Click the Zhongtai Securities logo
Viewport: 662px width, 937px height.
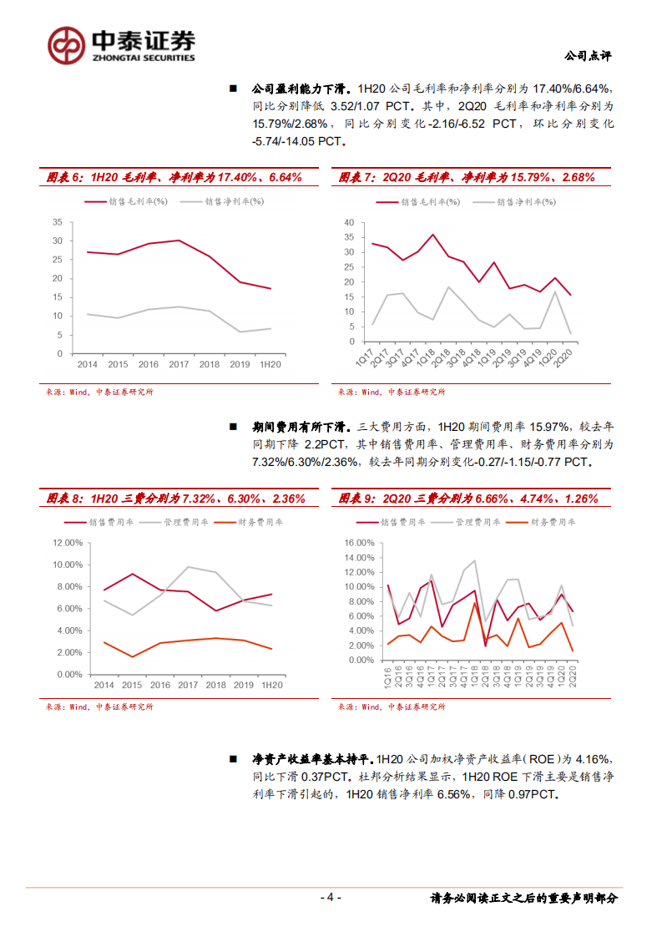click(120, 44)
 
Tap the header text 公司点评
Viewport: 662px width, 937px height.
click(588, 56)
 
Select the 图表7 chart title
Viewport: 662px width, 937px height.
click(467, 177)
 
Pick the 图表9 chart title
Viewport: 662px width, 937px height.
click(468, 499)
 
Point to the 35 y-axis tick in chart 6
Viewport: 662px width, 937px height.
click(58, 221)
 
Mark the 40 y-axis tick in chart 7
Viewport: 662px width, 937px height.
click(350, 222)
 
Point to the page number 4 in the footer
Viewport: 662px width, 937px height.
click(331, 898)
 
